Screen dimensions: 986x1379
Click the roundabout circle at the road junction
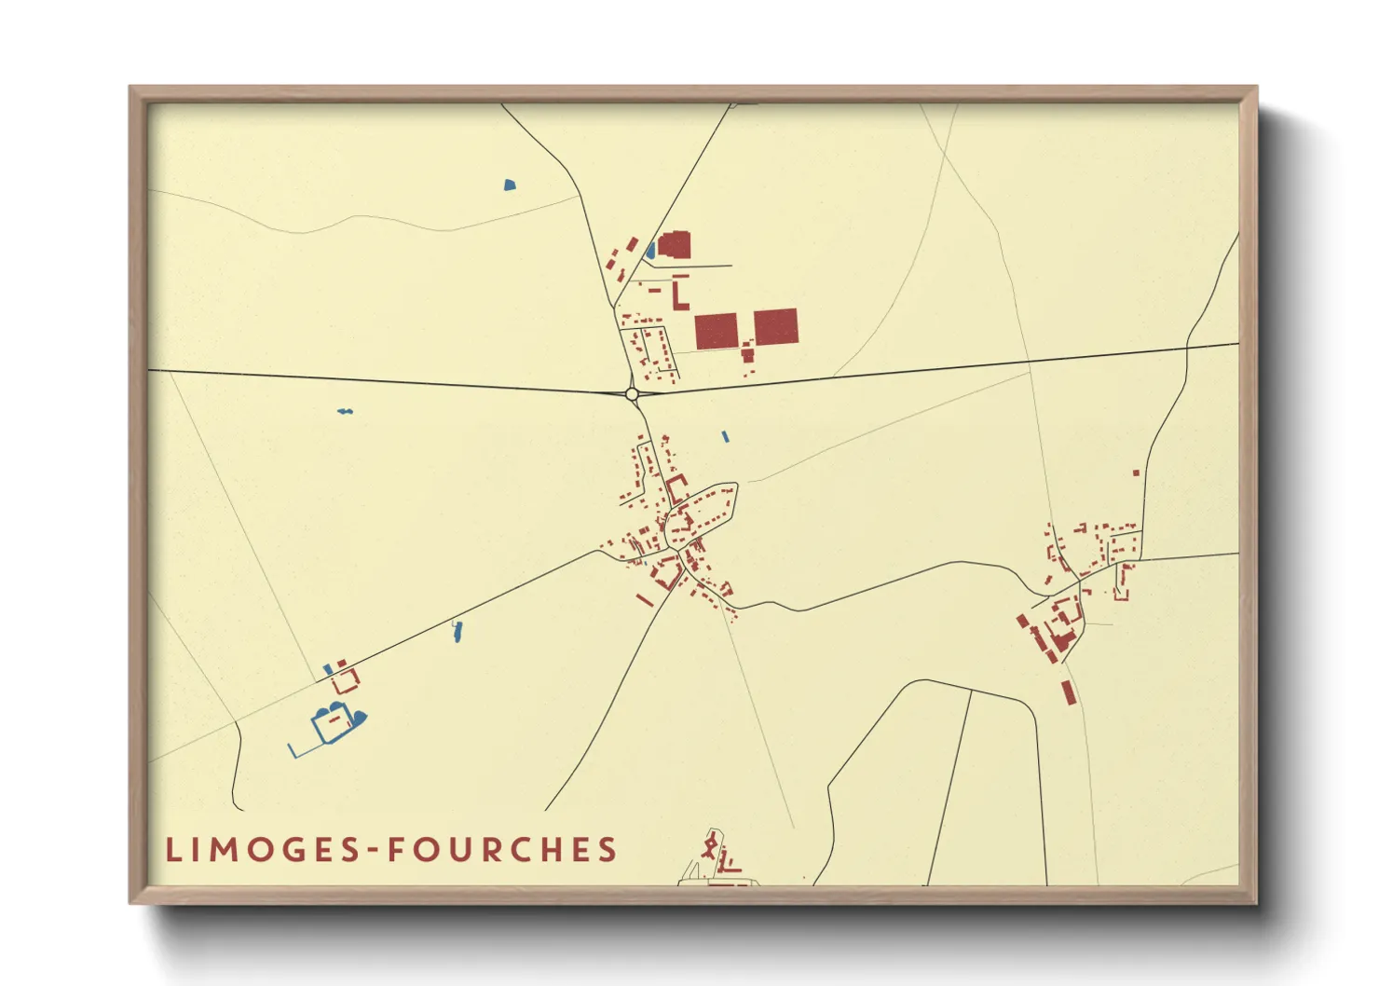pos(632,394)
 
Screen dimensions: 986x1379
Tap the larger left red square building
pos(716,331)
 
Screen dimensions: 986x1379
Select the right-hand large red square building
pos(775,327)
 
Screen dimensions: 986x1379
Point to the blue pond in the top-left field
pos(509,185)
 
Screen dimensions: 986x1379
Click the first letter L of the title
pos(171,850)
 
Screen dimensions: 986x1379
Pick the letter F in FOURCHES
pos(395,850)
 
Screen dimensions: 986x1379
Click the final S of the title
pos(608,850)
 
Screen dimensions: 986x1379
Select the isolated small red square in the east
pos(1136,473)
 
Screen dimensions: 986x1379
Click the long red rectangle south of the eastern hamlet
pos(1068,692)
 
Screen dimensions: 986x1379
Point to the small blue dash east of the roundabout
pos(725,436)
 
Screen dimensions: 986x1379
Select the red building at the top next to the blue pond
pos(674,245)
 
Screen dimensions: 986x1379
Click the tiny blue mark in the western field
pos(345,411)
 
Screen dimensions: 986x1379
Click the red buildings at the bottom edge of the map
pos(717,856)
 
